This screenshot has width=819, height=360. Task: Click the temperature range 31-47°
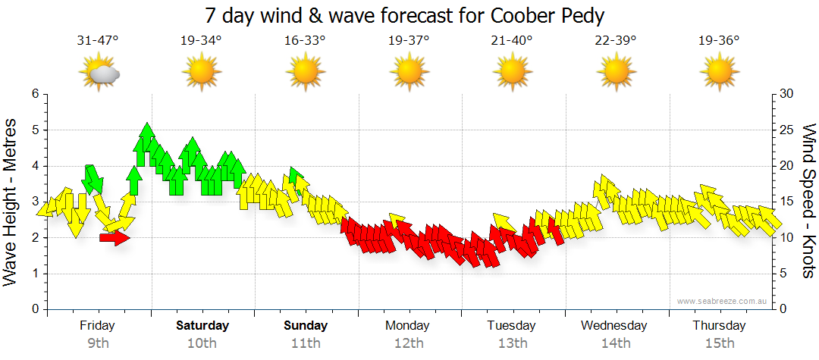tap(98, 41)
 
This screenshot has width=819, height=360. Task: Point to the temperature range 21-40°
tap(512, 41)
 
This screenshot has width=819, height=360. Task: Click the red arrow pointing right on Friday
tap(115, 238)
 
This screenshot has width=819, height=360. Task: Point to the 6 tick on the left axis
tap(34, 94)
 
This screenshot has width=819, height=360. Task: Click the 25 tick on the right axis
tap(787, 130)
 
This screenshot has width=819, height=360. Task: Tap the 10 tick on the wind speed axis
tap(787, 238)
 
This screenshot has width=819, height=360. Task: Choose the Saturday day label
tap(202, 326)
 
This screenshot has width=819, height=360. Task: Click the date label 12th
tap(409, 343)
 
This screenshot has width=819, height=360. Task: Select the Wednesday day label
tap(614, 326)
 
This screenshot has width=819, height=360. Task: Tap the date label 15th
tap(719, 343)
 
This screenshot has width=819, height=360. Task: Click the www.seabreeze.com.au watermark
tap(722, 302)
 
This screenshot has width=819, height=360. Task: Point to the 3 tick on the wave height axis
tap(34, 202)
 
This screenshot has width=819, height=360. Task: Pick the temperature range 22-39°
tap(615, 41)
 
